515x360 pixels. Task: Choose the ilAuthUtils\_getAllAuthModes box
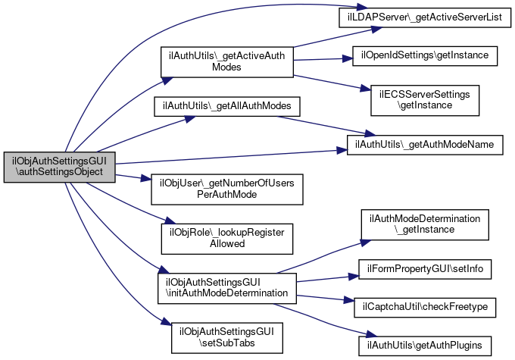[x=217, y=105]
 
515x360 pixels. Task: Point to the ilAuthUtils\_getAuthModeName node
[x=425, y=142]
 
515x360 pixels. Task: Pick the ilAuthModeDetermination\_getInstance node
[x=424, y=224]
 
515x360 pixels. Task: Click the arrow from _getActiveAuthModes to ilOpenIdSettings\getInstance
[x=322, y=58]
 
